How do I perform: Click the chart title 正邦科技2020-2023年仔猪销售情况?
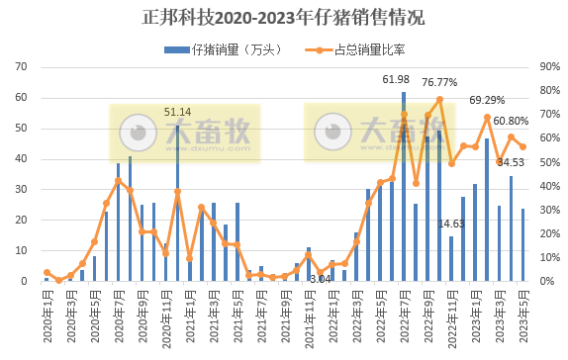coord(284,19)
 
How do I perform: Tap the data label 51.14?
coord(178,113)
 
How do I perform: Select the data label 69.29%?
coord(487,100)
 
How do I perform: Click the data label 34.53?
coord(511,162)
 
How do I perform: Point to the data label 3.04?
coord(320,280)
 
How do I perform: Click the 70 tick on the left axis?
coord(21,67)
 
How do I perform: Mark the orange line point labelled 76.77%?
coord(439,99)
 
